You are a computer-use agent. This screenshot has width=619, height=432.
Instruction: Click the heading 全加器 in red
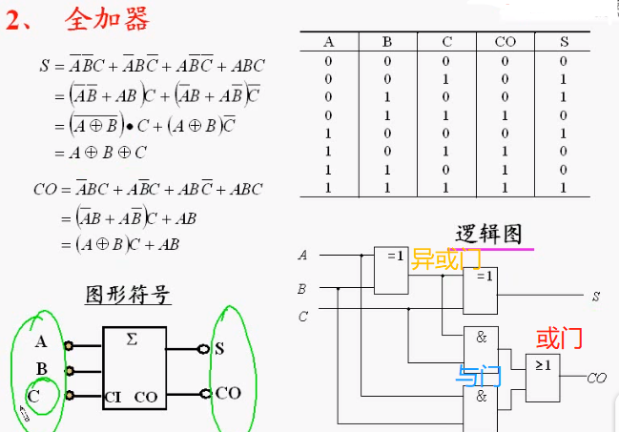[x=107, y=19]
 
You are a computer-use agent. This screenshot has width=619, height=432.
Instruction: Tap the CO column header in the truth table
[x=505, y=42]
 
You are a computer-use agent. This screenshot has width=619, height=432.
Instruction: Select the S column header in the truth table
[x=564, y=42]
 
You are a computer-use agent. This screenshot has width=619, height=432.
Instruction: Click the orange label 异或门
[x=445, y=258]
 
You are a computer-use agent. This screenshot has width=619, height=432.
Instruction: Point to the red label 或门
[x=559, y=339]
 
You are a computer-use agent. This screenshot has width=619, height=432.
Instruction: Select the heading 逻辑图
[x=488, y=234]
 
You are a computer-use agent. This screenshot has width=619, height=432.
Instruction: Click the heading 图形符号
[x=129, y=294]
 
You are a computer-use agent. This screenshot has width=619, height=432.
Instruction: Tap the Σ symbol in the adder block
[x=132, y=339]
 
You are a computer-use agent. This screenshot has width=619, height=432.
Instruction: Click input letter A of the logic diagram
[x=303, y=256]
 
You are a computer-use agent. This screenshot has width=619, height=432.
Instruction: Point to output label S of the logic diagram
[x=595, y=298]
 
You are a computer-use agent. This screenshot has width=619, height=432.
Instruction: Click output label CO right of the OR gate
[x=597, y=379]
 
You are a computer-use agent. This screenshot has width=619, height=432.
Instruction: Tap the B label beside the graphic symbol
[x=41, y=369]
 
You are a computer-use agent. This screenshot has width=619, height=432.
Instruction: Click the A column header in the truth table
[x=329, y=42]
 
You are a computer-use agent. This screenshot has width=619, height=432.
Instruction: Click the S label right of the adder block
[x=219, y=348]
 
